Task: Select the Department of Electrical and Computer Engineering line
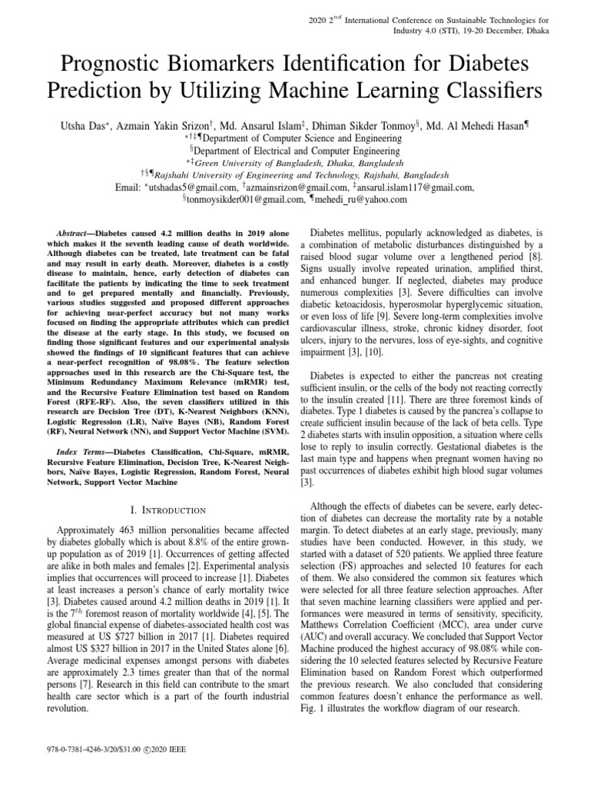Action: coord(295,151)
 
